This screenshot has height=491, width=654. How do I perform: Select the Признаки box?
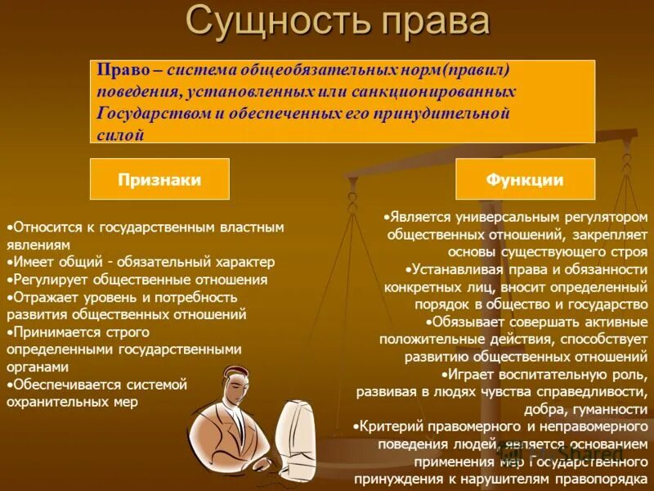159,179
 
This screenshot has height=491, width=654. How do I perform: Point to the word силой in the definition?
120,135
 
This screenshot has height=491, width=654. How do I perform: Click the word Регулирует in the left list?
45,280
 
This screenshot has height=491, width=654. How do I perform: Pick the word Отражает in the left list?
42,297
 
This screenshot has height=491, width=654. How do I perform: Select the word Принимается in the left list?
52,332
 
